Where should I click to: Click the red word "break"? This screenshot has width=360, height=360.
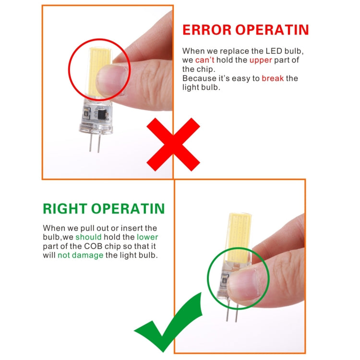click(273, 78)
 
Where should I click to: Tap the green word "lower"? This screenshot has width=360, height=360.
click(147, 237)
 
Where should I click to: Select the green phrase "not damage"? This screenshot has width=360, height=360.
click(81, 255)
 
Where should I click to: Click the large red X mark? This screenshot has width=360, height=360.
click(173, 144)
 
